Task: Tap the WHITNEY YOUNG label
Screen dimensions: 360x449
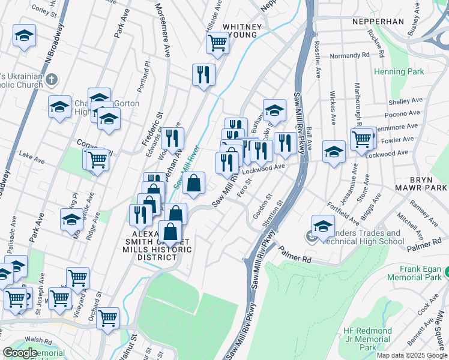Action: [242, 31]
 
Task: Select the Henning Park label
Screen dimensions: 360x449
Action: [399, 71]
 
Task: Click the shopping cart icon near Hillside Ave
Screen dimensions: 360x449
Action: [217, 42]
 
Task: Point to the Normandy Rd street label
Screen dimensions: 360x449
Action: [349, 56]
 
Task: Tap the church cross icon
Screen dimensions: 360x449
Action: [52, 79]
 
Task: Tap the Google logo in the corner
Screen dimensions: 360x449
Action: [20, 353]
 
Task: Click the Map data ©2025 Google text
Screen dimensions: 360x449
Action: [412, 355]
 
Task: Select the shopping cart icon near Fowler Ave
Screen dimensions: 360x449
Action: [362, 139]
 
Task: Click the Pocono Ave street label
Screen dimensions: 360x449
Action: [405, 113]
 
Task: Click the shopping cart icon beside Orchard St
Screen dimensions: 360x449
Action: [107, 319]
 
